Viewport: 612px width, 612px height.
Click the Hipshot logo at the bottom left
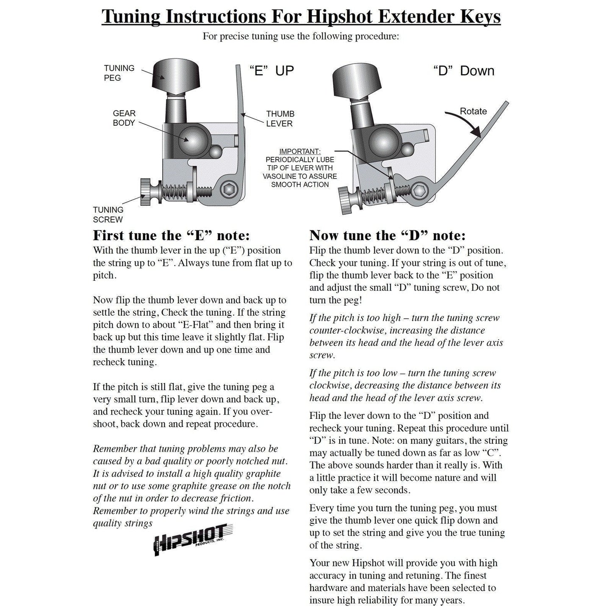(193, 539)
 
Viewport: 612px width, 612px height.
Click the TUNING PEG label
(119, 73)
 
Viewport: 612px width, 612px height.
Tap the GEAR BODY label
(124, 118)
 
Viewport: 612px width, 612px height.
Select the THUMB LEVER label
(280, 119)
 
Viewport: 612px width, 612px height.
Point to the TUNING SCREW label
(108, 214)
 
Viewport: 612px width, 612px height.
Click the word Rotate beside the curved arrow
(473, 111)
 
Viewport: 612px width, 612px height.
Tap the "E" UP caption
(271, 70)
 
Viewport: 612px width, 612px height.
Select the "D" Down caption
(463, 70)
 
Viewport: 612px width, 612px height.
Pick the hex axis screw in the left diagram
(229, 188)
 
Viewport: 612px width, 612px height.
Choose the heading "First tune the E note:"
(171, 235)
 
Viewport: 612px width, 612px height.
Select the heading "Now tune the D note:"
(387, 235)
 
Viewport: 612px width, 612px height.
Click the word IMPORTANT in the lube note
(300, 152)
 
